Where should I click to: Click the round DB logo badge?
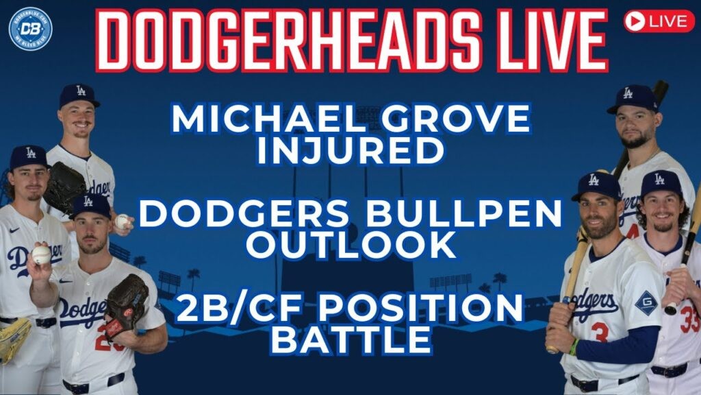(30, 29)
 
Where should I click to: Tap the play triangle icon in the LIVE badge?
(635, 21)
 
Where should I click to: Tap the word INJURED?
(351, 150)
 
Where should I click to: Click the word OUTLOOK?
(351, 245)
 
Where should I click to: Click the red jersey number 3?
(600, 332)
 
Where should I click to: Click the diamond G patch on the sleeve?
(646, 303)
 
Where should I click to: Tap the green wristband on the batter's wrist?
(573, 346)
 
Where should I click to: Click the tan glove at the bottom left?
(14, 339)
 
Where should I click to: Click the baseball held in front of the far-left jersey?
(41, 254)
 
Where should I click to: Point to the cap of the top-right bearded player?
(633, 99)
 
